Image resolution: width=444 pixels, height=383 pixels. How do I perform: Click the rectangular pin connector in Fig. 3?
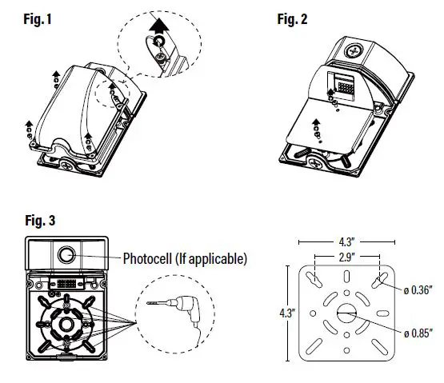click(x=66, y=284)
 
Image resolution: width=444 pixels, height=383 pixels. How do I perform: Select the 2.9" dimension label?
click(x=346, y=257)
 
